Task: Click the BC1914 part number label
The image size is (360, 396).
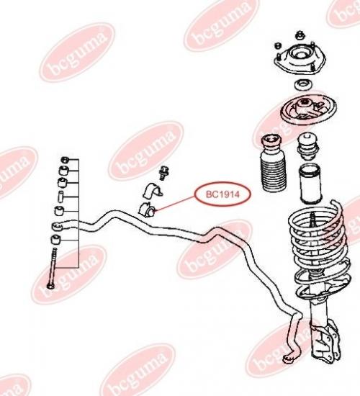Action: tap(222, 194)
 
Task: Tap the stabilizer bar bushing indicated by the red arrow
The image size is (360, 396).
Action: tap(147, 209)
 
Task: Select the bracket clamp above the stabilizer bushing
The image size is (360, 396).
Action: tap(153, 191)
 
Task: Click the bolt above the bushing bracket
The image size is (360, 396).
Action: tap(164, 173)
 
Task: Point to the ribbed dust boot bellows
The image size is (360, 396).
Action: tap(273, 164)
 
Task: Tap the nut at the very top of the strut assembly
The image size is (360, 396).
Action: tap(300, 35)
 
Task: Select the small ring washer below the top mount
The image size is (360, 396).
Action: tap(303, 85)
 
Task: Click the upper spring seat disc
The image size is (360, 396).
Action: tap(308, 109)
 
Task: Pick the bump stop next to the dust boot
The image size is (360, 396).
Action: tap(308, 147)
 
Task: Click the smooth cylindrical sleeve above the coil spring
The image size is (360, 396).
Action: tap(310, 184)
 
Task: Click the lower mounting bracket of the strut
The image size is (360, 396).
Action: tap(325, 343)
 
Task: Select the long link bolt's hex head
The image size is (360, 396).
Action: tap(50, 286)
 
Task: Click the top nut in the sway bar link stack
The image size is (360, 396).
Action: tap(65, 160)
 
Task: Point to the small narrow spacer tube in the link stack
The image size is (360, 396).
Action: tap(60, 197)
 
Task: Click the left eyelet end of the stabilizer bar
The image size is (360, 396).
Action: tap(58, 226)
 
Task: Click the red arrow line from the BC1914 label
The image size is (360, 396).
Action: tap(175, 204)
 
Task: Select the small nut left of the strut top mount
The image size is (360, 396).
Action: tap(278, 45)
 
